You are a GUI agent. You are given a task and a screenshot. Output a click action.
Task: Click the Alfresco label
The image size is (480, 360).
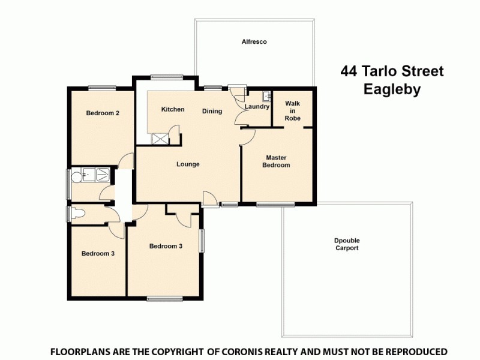click(254, 42)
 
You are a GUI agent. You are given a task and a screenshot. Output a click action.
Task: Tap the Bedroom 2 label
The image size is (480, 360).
click(101, 113)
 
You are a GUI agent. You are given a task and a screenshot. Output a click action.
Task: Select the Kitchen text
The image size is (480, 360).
click(173, 109)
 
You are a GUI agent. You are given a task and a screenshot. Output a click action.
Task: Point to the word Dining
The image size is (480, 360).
click(212, 111)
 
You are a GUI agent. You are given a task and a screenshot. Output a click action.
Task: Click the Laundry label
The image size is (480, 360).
click(257, 107)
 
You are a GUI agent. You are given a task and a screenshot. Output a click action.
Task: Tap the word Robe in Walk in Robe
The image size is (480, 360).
click(292, 118)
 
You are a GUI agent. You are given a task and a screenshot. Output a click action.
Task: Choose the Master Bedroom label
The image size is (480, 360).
click(278, 161)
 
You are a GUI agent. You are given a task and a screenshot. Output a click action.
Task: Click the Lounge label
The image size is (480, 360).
click(188, 164)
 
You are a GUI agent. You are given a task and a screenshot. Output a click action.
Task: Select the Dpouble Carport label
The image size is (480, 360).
click(347, 244)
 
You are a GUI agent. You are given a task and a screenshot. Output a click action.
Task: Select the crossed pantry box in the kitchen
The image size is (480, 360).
click(159, 139)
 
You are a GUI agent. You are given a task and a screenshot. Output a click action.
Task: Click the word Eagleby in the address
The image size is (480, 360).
click(392, 90)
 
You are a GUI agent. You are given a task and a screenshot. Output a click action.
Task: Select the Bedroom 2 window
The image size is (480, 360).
click(102, 88)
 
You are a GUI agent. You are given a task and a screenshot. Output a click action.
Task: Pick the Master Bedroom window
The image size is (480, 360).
click(275, 205)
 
